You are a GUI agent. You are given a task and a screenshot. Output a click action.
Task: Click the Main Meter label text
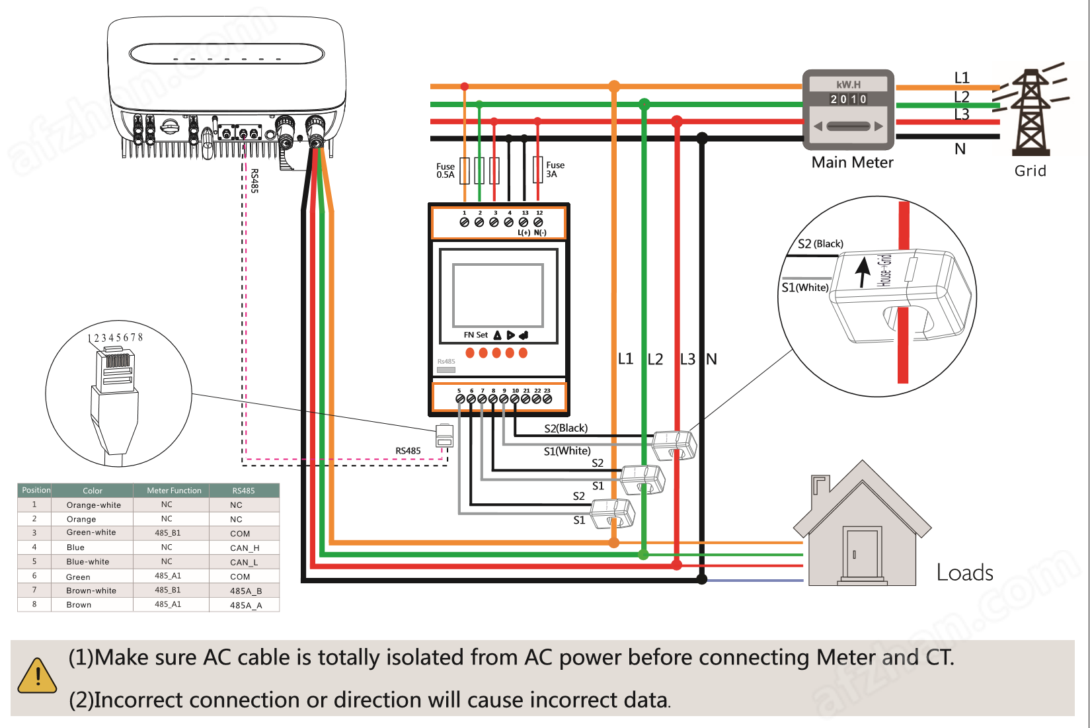coord(852,163)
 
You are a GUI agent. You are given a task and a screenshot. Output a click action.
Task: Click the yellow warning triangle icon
coord(38,676)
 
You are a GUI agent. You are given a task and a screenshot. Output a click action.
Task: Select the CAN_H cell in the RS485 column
coord(245,548)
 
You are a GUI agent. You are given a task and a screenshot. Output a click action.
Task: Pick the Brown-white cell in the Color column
coord(91,590)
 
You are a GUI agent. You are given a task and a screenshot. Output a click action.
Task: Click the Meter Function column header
coord(174,491)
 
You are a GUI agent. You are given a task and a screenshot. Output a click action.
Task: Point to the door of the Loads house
coord(862,554)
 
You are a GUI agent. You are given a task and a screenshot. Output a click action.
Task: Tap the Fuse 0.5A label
coord(446,171)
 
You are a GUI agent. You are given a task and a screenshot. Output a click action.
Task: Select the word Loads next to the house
coord(964,573)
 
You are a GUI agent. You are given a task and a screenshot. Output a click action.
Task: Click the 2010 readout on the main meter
coord(849,99)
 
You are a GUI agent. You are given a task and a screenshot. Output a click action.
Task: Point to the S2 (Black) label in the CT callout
coord(820,244)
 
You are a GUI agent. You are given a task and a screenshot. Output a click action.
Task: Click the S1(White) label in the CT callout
coord(804,288)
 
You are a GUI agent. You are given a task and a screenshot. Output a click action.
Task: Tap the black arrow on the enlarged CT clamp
coord(863,272)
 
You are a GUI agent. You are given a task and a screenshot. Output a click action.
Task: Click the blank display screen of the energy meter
coord(498,295)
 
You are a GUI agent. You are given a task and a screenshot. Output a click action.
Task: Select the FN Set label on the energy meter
coord(475,335)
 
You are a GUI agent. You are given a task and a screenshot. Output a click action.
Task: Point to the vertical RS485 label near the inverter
coord(254,181)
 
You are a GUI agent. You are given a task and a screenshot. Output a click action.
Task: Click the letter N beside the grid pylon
coord(960,149)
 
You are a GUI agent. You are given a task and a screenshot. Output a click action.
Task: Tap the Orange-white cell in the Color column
coord(93,505)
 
